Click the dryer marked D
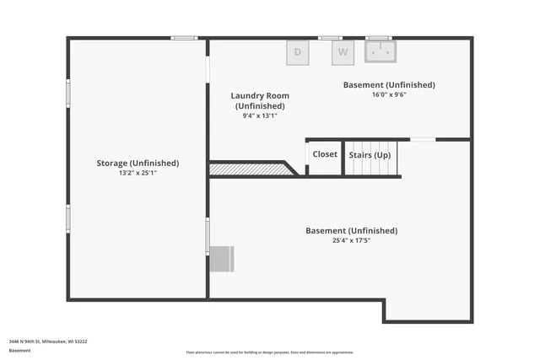[x=297, y=52]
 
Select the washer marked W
[x=343, y=52]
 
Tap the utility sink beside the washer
[x=381, y=52]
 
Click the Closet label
[x=325, y=154]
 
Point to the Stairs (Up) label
[x=370, y=155]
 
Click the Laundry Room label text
[x=260, y=95]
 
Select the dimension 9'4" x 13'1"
[x=260, y=116]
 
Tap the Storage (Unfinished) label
[x=138, y=163]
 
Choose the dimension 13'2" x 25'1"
[x=138, y=173]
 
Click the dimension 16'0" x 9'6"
[x=389, y=95]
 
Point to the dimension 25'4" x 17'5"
[x=351, y=240]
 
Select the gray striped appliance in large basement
[x=222, y=259]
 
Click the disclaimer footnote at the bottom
[x=270, y=352]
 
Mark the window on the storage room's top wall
[x=184, y=38]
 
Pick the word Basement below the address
[x=19, y=350]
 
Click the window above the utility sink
[x=379, y=38]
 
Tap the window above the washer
[x=330, y=38]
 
